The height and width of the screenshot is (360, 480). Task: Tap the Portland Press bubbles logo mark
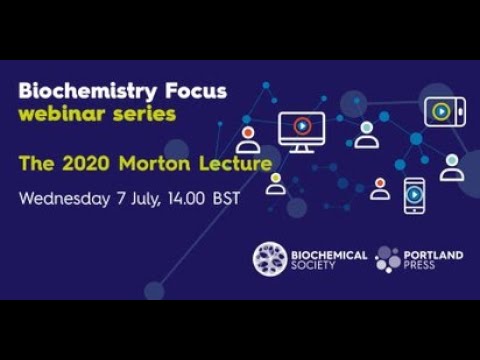tap(387, 260)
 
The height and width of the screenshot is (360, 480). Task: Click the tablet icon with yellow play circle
tap(443, 112)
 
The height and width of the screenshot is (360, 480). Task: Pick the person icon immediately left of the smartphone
tap(380, 189)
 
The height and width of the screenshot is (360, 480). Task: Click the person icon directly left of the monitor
tap(248, 139)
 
